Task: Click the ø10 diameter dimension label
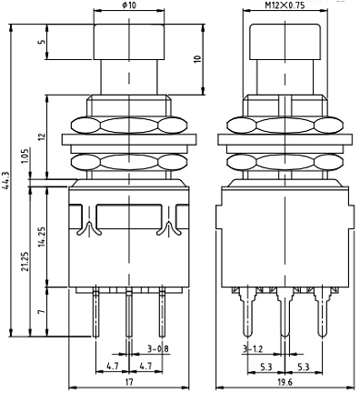(129, 5)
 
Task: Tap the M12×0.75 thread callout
(285, 5)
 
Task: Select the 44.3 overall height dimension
(5, 180)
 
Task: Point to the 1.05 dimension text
(25, 156)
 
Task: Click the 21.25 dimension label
(25, 261)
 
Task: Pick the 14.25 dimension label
(43, 237)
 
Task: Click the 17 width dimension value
(129, 382)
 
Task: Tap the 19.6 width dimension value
(285, 382)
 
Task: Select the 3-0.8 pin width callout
(158, 349)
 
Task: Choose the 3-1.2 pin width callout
(253, 349)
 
